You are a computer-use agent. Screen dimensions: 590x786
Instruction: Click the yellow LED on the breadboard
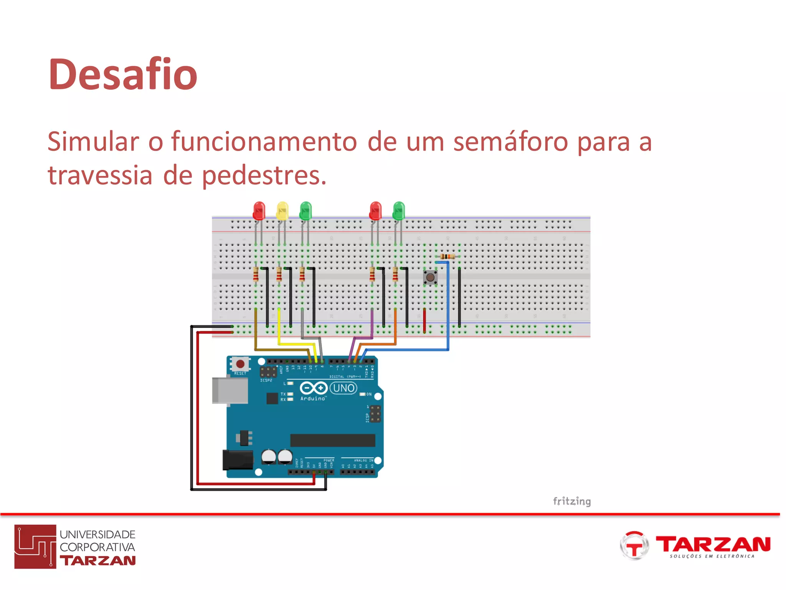pyautogui.click(x=282, y=211)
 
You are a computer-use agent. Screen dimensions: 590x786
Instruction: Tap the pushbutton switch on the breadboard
pyautogui.click(x=430, y=277)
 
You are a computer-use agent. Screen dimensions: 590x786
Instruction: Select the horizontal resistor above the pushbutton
pyautogui.click(x=447, y=256)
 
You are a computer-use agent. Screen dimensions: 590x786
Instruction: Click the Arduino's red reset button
pyautogui.click(x=240, y=364)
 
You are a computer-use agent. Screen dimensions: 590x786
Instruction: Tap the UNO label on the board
pyautogui.click(x=343, y=388)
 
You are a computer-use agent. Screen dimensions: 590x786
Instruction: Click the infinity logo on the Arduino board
pyautogui.click(x=314, y=388)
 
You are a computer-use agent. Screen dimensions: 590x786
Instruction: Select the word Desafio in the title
pyautogui.click(x=123, y=74)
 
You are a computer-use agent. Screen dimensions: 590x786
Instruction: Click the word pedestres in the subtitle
pyautogui.click(x=264, y=176)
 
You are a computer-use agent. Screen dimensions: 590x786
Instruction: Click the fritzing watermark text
pyautogui.click(x=571, y=501)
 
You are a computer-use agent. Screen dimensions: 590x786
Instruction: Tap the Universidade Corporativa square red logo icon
pyautogui.click(x=35, y=547)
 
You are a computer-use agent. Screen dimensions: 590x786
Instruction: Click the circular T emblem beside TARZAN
pyautogui.click(x=634, y=545)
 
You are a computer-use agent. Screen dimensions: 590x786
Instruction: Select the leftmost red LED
pyautogui.click(x=259, y=210)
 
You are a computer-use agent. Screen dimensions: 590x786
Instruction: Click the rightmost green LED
pyautogui.click(x=399, y=210)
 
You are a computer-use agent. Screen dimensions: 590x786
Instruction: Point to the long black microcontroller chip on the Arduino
pyautogui.click(x=332, y=440)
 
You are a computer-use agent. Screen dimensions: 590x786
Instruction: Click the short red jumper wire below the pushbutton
pyautogui.click(x=424, y=320)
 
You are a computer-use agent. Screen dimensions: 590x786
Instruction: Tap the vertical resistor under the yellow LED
pyautogui.click(x=279, y=274)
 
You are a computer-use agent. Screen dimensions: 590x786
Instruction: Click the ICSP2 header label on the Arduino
pyautogui.click(x=266, y=380)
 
